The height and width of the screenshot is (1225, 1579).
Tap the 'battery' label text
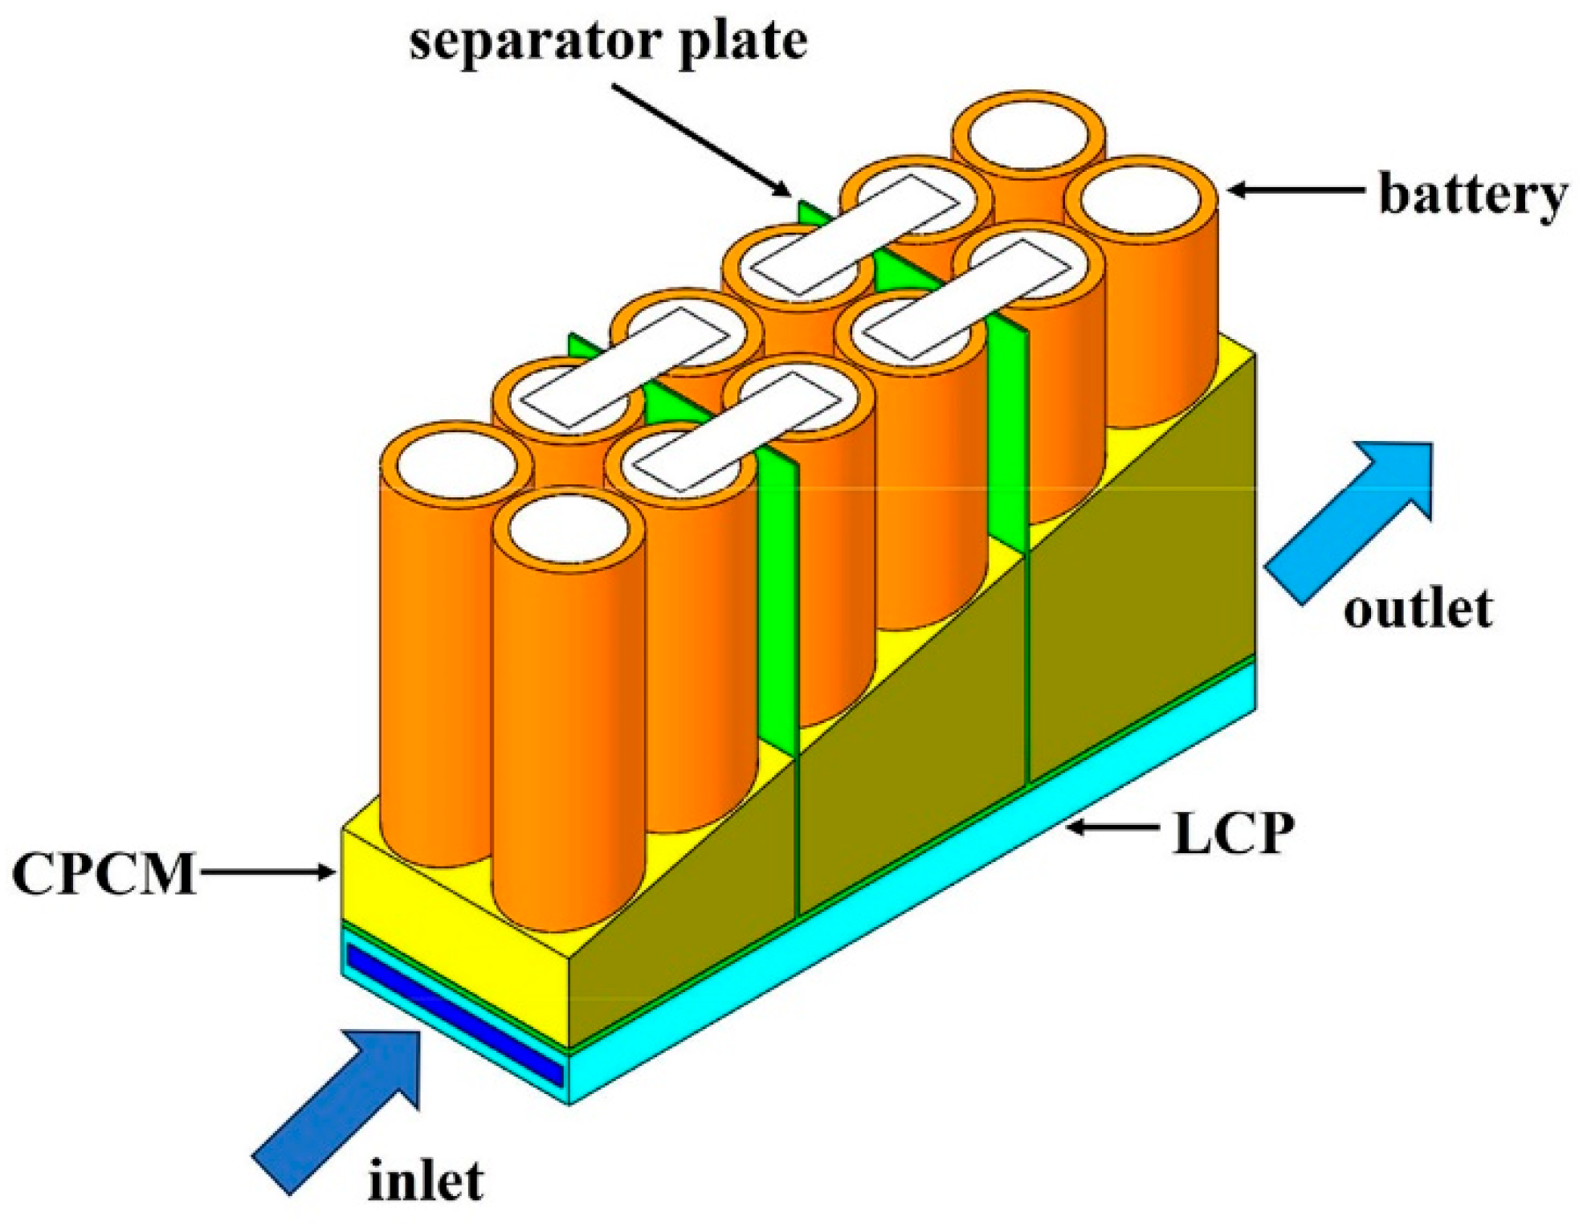pos(1471,194)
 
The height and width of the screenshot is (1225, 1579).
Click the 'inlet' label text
pos(425,1180)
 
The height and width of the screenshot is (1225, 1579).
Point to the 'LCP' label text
pos(1232,833)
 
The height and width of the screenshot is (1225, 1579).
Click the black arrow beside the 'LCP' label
pos(1112,827)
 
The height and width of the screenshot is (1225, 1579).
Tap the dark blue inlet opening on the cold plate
pos(454,1016)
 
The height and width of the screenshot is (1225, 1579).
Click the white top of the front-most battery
pos(569,530)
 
